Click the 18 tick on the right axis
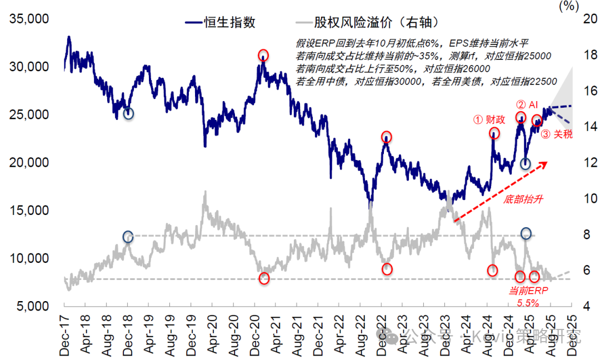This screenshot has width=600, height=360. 583,55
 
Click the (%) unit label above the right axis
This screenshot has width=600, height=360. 568,7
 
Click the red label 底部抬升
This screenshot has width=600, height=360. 523,199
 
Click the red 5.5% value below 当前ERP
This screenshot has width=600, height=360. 528,303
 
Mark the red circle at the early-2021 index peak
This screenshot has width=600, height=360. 263,55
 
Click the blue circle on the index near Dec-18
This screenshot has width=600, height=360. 128,113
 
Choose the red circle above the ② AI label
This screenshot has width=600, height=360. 521,117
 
